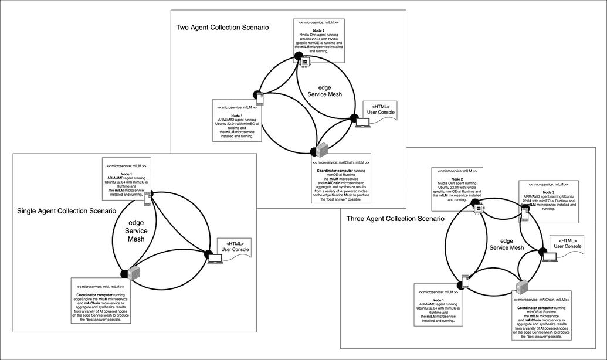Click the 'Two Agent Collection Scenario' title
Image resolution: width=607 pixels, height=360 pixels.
tap(223, 27)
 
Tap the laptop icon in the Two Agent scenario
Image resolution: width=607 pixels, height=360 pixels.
tap(364, 123)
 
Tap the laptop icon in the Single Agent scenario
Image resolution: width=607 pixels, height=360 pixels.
tap(216, 259)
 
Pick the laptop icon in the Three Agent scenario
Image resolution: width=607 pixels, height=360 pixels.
tap(549, 256)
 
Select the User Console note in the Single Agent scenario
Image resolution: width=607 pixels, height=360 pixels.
tap(233, 246)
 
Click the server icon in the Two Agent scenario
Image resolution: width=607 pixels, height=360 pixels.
tap(321, 150)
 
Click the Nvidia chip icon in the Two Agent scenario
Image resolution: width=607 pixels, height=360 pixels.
tap(306, 60)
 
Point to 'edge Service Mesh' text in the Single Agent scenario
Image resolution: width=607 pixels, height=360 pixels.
tap(135, 230)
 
